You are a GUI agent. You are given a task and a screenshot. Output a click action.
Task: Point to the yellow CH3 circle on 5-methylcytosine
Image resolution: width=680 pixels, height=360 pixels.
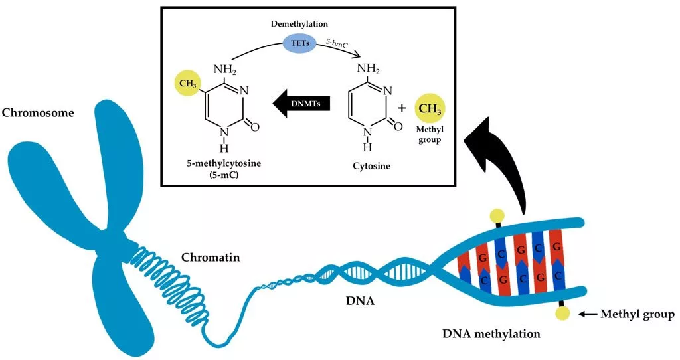click(186, 86)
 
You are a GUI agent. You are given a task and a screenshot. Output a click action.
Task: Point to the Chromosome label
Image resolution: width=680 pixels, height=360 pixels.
click(38, 112)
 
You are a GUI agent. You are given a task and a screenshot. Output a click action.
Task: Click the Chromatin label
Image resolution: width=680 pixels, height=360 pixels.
click(205, 256)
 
